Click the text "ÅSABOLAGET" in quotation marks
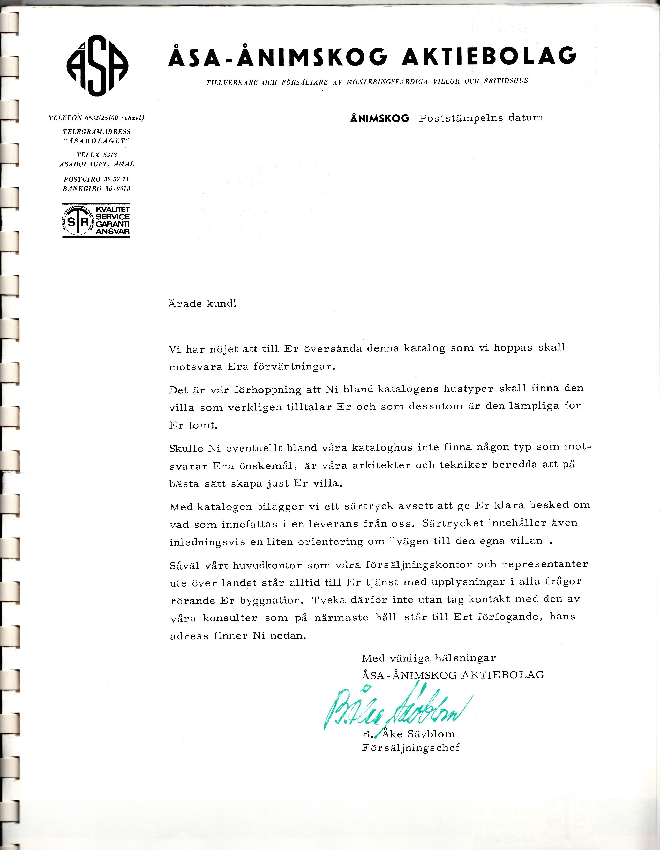pos(96,141)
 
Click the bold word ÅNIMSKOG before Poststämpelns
pos(380,118)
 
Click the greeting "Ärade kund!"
pos(202,303)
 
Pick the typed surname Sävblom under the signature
pos(431,734)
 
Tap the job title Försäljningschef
pos(410,747)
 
